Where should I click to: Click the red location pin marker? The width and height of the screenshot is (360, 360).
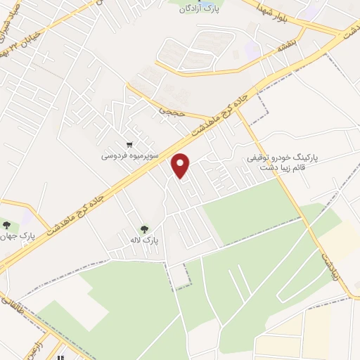(x=181, y=165)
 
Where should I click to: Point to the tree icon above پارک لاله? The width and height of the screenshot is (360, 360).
(x=146, y=229)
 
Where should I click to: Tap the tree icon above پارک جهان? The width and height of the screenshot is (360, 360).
(x=7, y=225)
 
